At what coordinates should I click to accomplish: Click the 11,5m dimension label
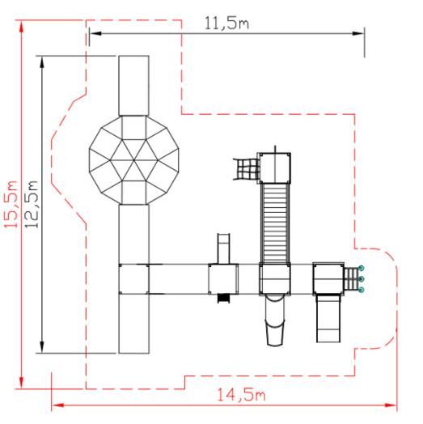pos(226,23)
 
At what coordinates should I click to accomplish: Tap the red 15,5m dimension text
pos(11,204)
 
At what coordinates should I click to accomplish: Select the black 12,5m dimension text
pos(32,204)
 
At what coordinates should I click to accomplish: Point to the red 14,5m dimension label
pos(241,395)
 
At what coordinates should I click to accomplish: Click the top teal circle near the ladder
pos(361,268)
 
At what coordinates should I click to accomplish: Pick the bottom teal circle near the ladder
pos(361,290)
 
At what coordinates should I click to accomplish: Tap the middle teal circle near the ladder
pos(361,279)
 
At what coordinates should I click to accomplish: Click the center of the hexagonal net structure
pos(134,160)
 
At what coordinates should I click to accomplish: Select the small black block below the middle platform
pos(224,299)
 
